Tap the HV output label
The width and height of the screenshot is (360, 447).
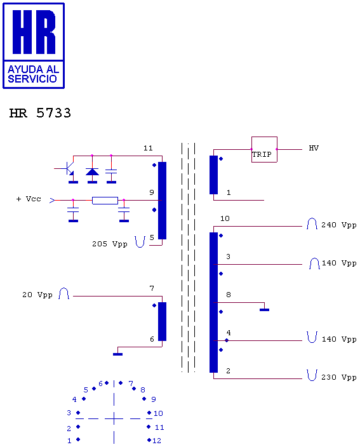point(314,148)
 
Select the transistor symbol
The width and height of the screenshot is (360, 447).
point(68,169)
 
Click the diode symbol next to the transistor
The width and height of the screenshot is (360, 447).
point(92,171)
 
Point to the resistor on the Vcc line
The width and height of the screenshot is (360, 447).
point(105,201)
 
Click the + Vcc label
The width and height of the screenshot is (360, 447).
point(29,199)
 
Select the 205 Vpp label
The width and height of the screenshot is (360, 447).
point(109,244)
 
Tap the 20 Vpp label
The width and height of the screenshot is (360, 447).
point(37,295)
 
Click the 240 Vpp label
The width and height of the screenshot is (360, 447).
point(339,225)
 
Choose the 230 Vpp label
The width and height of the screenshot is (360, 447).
point(339,377)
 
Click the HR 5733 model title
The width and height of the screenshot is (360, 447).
point(40,113)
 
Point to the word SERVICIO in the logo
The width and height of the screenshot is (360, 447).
point(32,79)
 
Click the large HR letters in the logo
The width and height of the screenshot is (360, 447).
point(34,32)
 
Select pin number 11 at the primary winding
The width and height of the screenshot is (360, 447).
point(148,148)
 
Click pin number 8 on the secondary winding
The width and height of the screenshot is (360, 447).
point(229,295)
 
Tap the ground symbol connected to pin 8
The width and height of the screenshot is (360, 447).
point(264,310)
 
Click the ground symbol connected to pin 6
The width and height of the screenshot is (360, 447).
point(117,354)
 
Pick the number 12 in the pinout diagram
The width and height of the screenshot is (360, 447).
point(157,441)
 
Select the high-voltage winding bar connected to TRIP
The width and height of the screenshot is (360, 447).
point(213,175)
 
